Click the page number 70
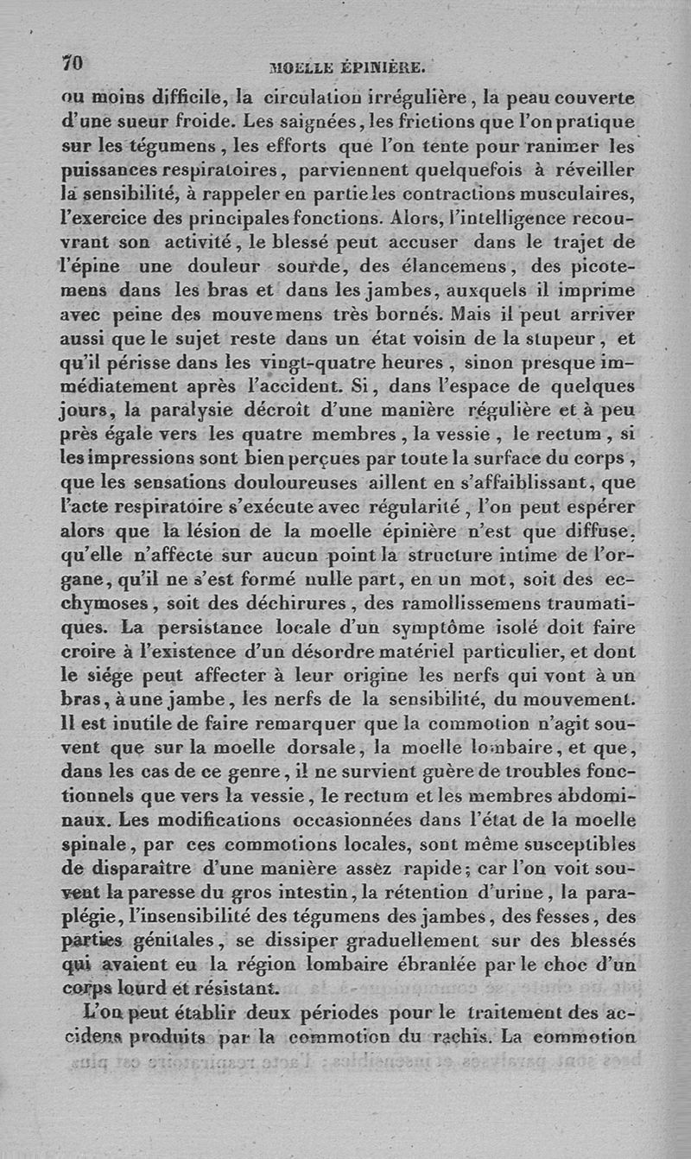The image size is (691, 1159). click(72, 64)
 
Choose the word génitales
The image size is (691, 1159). click(182, 939)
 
